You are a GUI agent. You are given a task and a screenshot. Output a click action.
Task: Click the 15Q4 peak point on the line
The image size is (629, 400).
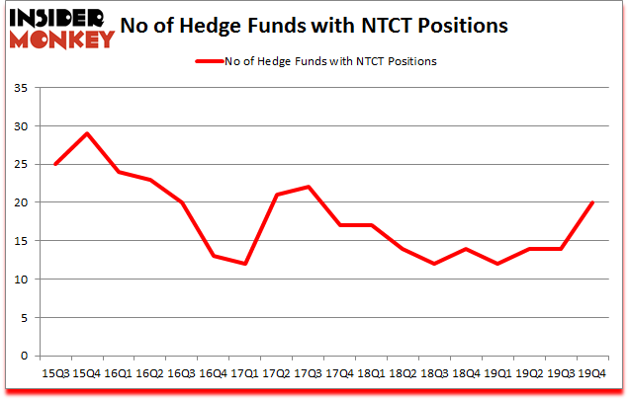[87, 133]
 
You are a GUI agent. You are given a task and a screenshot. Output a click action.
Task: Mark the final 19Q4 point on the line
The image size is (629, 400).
[591, 202]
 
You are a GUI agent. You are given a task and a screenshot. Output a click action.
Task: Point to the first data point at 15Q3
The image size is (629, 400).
[56, 164]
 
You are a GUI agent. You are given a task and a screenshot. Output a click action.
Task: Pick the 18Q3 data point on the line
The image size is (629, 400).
[433, 264]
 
